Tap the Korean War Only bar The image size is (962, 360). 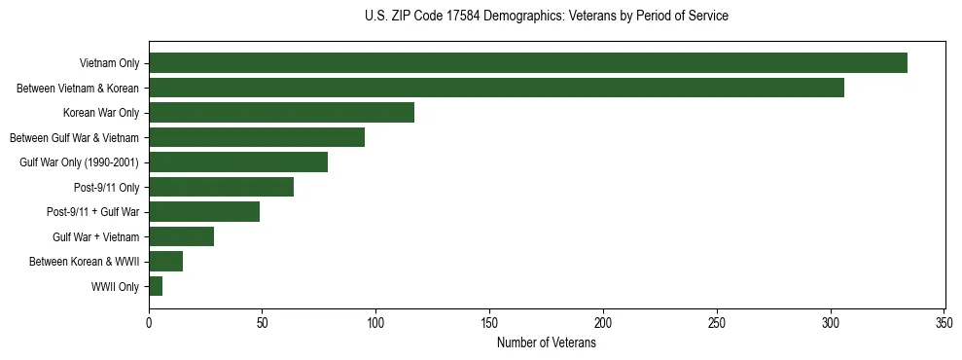pyautogui.click(x=282, y=113)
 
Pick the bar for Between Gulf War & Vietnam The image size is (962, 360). pyautogui.click(x=257, y=137)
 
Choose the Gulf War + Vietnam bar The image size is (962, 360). pyautogui.click(x=182, y=236)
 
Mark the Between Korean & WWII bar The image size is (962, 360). pyautogui.click(x=166, y=262)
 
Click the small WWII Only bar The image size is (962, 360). pyautogui.click(x=156, y=286)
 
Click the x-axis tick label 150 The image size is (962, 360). pyautogui.click(x=489, y=322)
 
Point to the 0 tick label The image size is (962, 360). pyautogui.click(x=149, y=322)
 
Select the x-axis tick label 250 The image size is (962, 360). pyautogui.click(x=717, y=322)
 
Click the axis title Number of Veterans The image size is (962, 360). pyautogui.click(x=546, y=342)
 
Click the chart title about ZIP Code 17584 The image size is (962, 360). pyautogui.click(x=546, y=17)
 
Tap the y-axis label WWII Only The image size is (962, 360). pyautogui.click(x=115, y=287)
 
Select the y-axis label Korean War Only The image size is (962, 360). pyautogui.click(x=101, y=113)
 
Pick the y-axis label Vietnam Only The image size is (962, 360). pyautogui.click(x=109, y=63)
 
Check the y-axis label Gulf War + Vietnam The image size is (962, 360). pyautogui.click(x=95, y=237)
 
